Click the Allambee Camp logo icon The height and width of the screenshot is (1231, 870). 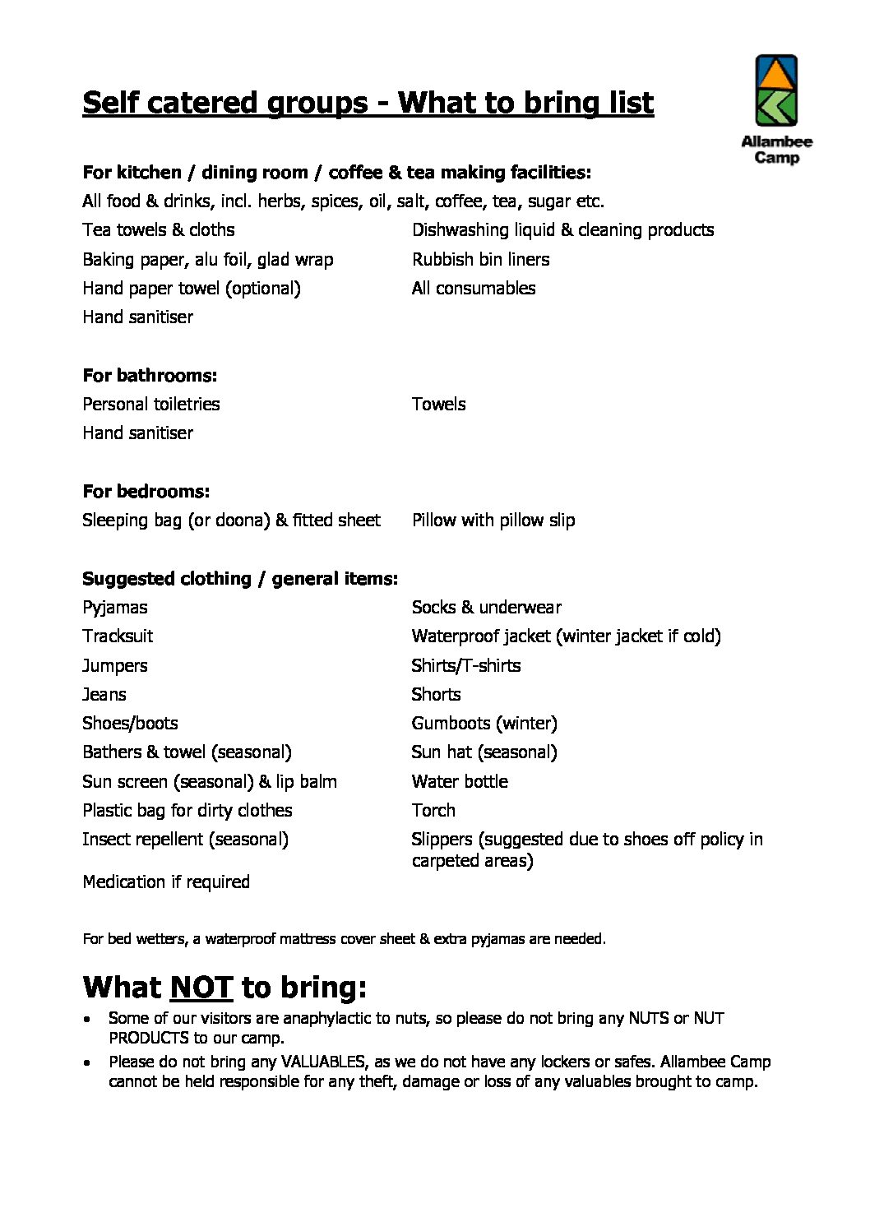pos(776,90)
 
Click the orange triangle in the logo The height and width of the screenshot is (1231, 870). pos(776,75)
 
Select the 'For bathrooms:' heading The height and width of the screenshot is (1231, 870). pos(150,376)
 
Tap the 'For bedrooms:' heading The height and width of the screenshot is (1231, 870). pos(146,492)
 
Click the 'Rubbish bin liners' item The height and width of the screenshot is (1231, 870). pos(480,260)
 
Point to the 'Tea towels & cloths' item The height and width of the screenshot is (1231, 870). pos(158,230)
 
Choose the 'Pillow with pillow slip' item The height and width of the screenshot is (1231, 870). pos(493,521)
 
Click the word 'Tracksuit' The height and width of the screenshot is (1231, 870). pos(118,636)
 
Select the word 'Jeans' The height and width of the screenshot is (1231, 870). pos(104,695)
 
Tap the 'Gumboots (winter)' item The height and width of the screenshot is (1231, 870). pos(484,724)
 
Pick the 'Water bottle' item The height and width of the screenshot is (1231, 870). pos(460,782)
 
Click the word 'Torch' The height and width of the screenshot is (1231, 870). pos(433,811)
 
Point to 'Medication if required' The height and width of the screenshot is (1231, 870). pos(166,882)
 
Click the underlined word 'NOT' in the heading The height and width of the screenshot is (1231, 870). pos(201,987)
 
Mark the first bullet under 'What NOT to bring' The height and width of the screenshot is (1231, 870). pos(87,1019)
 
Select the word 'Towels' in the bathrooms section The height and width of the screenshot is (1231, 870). pos(438,405)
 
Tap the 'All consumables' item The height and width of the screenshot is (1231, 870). pos(474,289)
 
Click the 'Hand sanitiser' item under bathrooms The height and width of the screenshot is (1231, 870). pos(137,433)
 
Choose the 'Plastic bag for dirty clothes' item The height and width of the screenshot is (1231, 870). pos(187,811)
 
